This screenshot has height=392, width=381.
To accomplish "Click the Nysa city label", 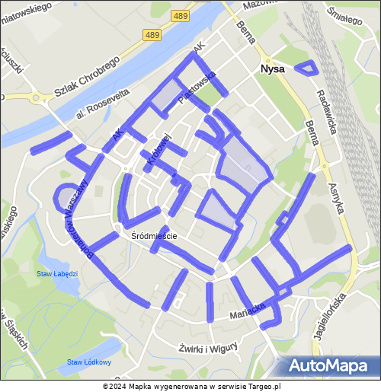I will (x=272, y=69).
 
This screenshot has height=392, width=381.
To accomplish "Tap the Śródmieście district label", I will (x=154, y=236).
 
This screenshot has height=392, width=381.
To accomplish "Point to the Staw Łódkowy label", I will (x=88, y=362).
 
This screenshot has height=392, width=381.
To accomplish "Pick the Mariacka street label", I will (x=248, y=312).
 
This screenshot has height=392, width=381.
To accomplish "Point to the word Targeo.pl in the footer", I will (x=262, y=386).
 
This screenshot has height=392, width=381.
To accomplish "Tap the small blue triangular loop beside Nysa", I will (x=306, y=68).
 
